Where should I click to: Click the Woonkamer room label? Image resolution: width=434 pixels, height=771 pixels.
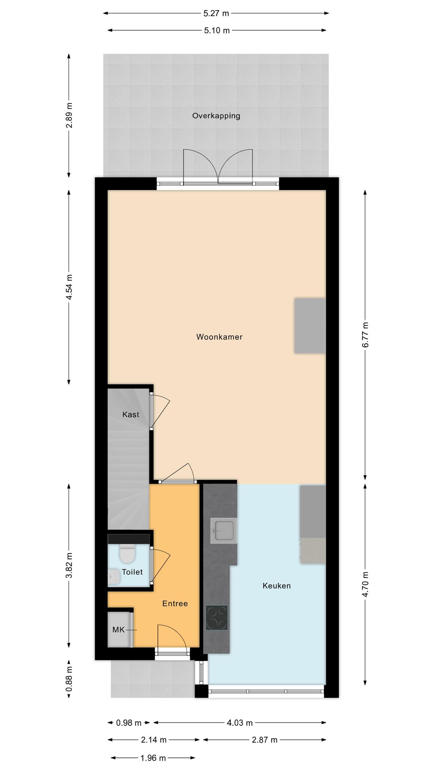click(x=219, y=337)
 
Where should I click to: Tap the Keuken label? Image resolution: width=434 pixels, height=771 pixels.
click(x=277, y=586)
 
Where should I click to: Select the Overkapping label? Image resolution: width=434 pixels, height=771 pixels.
click(x=216, y=116)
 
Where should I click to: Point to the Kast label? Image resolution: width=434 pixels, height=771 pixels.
click(x=131, y=414)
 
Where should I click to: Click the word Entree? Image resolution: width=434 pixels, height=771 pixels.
click(x=175, y=603)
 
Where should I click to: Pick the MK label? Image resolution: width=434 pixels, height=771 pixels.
click(x=118, y=630)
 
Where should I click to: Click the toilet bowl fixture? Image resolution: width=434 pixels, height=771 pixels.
click(x=127, y=553)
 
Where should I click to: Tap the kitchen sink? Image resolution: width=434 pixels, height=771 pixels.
click(x=224, y=530)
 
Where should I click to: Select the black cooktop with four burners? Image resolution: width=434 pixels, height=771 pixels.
click(x=217, y=618)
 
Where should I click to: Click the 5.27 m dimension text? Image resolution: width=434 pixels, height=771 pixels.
click(x=216, y=14)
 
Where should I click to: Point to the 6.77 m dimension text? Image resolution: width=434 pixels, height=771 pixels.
click(x=365, y=335)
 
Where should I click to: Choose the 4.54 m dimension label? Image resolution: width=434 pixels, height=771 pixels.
click(x=69, y=287)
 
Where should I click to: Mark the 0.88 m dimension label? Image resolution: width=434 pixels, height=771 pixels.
click(x=69, y=679)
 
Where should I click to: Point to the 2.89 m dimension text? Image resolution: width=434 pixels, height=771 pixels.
click(x=69, y=115)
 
